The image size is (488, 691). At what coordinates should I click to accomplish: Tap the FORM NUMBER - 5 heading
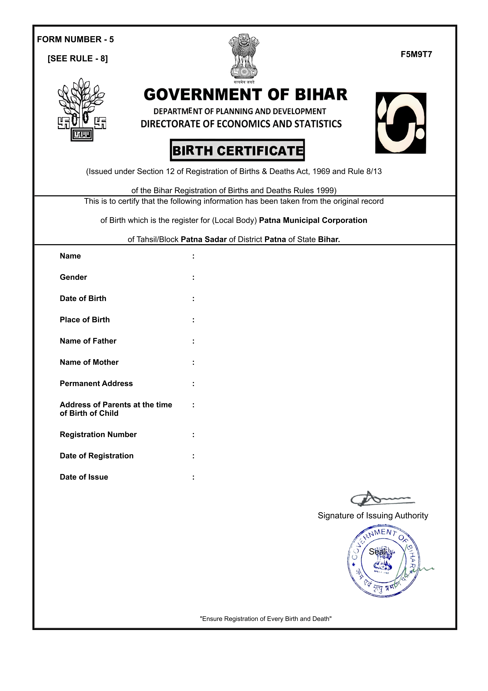point(75,39)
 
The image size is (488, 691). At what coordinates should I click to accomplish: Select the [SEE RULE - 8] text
point(78,58)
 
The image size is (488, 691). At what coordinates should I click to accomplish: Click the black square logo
point(401,123)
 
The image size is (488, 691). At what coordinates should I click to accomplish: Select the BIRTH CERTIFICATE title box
point(237,150)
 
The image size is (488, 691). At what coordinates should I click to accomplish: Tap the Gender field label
point(73,277)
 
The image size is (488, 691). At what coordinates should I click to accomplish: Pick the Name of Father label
point(88,341)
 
